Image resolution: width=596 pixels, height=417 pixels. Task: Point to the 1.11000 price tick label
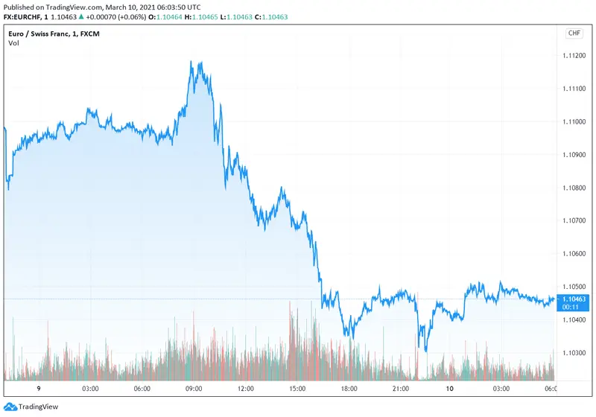[573, 122]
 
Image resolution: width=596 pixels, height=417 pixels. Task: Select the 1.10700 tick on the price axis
[573, 221]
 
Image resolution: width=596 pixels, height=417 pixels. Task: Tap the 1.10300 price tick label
[573, 353]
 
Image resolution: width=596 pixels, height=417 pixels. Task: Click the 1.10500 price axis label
[573, 287]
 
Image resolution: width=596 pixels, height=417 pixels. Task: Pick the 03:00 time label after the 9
[91, 389]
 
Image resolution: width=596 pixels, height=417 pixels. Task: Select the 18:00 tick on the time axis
[348, 389]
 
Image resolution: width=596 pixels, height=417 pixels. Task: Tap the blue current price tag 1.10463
[573, 299]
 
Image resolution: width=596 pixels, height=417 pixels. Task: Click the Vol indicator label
[13, 43]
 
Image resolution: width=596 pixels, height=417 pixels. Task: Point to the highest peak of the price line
[192, 62]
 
